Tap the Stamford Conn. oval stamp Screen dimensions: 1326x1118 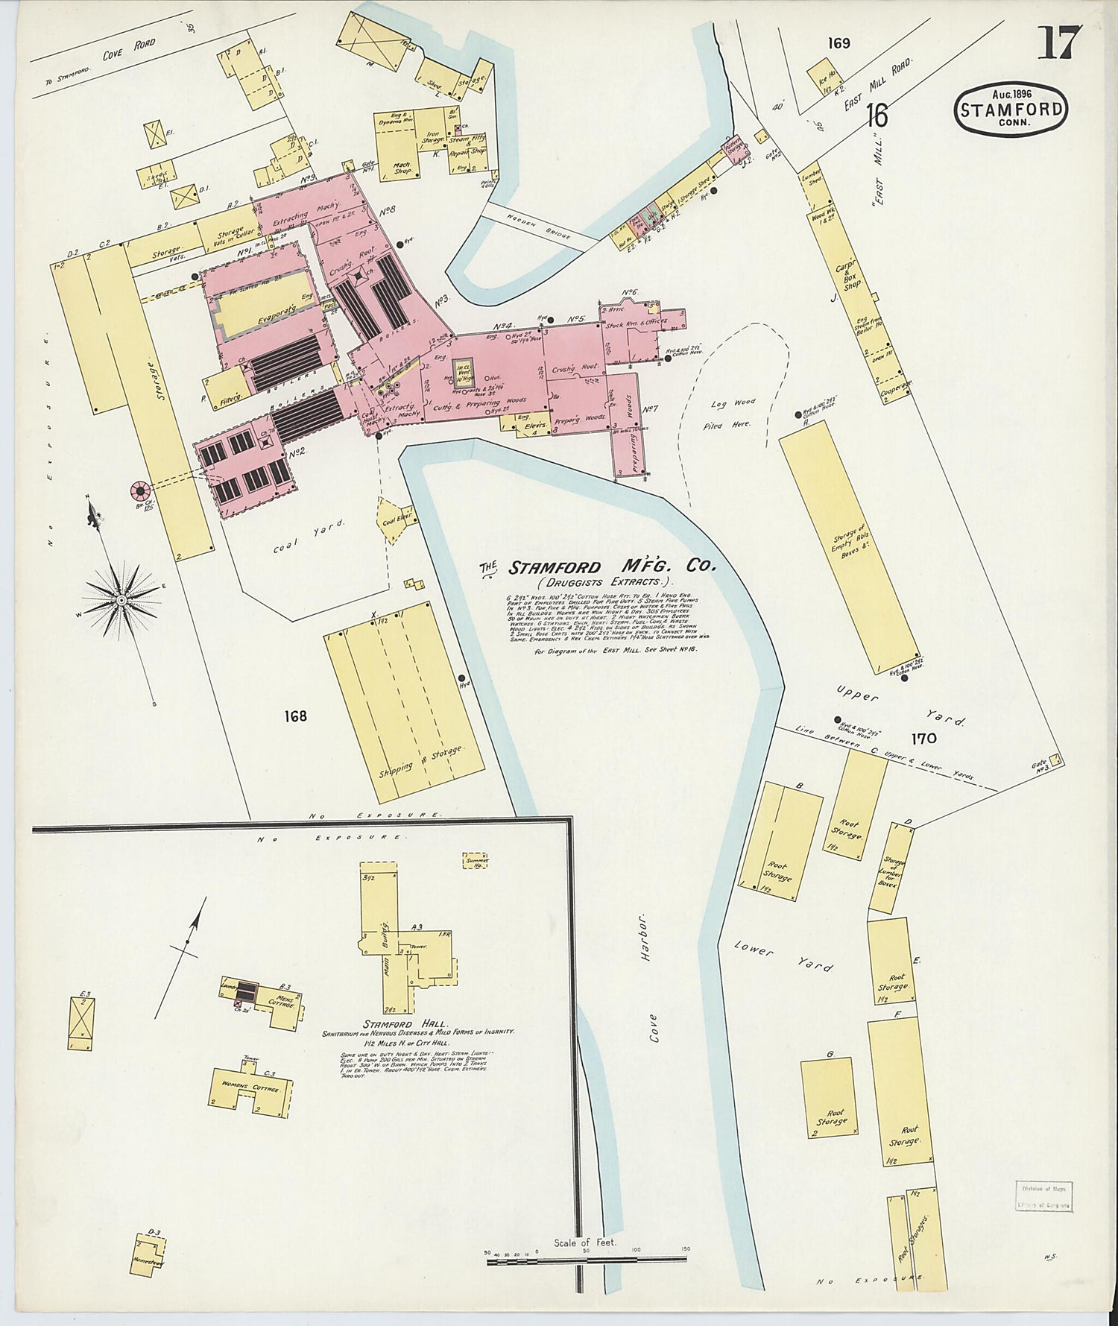tap(1011, 110)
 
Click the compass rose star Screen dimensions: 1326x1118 tap(121, 599)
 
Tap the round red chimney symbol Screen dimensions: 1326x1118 tap(139, 490)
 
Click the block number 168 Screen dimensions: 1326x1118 tap(295, 716)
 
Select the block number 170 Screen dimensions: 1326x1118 tap(922, 739)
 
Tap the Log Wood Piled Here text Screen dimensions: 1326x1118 tap(732, 413)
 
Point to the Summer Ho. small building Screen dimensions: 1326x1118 tap(476, 861)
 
